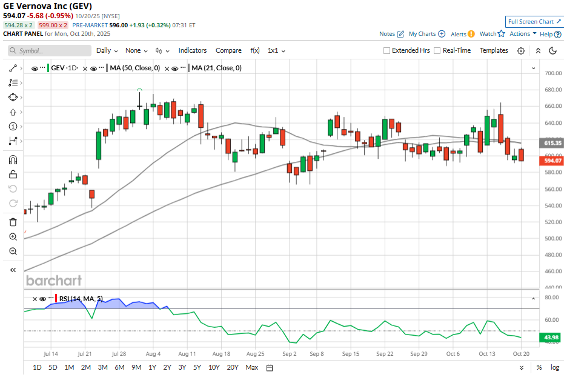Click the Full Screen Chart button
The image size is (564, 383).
[534, 21]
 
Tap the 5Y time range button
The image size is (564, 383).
[197, 367]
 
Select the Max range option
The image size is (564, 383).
[252, 367]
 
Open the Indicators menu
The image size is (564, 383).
[193, 50]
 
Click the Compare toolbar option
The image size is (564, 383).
[228, 50]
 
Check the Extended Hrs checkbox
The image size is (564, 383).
[387, 51]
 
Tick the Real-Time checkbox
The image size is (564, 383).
[437, 51]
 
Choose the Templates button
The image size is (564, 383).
[494, 50]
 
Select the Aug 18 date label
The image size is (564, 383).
[222, 353]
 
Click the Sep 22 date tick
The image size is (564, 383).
[385, 353]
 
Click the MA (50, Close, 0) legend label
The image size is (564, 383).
[135, 68]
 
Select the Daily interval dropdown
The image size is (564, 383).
[107, 50]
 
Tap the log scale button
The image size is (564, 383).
[554, 367]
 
